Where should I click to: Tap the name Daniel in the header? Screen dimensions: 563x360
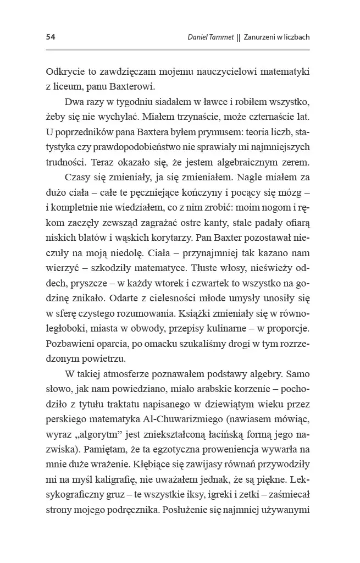pos(200,37)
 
